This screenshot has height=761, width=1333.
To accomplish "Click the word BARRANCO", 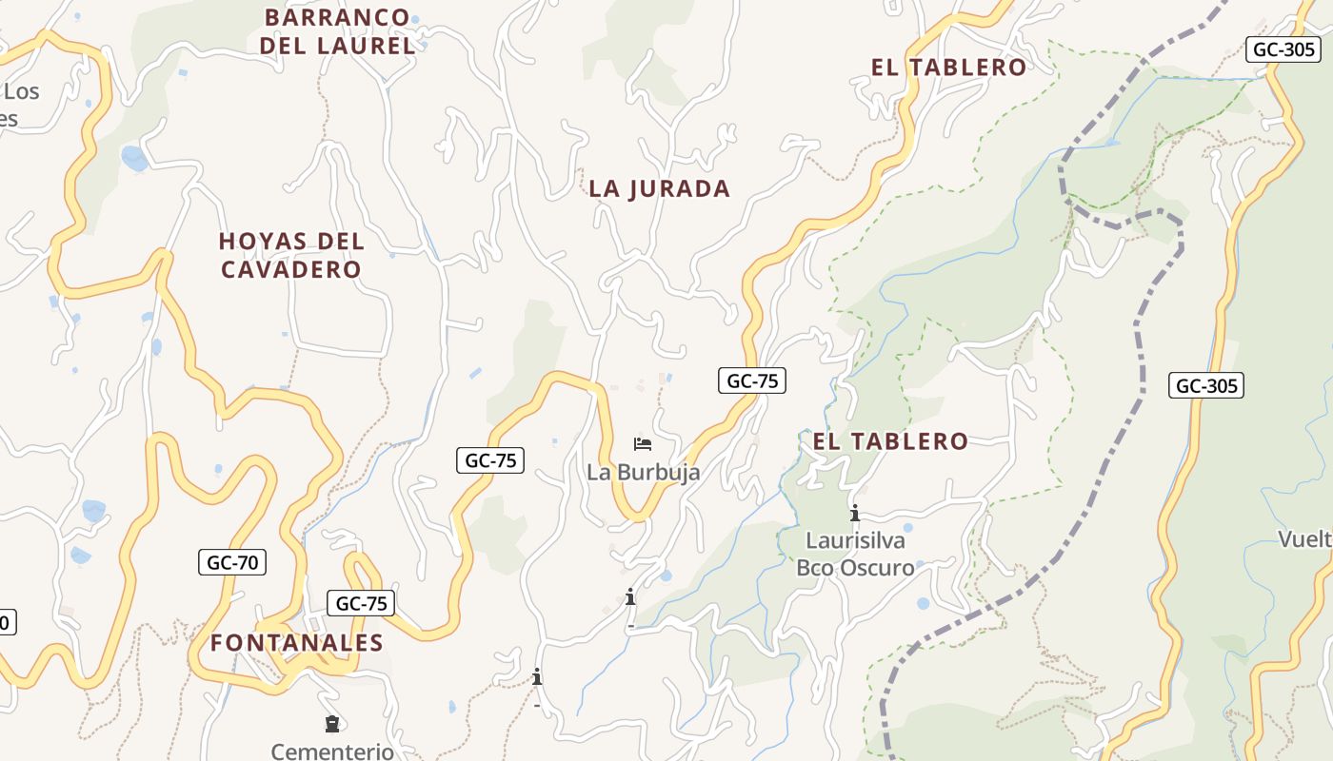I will [337, 17].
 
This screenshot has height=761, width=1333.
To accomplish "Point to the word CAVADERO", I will [291, 270].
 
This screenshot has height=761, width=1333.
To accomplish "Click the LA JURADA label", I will [659, 188].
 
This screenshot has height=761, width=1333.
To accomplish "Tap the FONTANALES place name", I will [296, 643].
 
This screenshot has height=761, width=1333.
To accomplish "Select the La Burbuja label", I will [643, 472].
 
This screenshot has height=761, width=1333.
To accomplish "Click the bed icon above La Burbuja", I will [643, 444].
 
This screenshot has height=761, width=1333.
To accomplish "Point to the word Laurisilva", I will [855, 540].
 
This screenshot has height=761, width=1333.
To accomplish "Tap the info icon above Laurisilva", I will [855, 514].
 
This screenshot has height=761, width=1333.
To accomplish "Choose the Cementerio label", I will [332, 751].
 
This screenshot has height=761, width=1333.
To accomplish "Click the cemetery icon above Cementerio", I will [331, 725].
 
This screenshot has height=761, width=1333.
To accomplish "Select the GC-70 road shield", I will [232, 562].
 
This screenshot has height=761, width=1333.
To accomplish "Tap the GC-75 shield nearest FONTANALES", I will [361, 603].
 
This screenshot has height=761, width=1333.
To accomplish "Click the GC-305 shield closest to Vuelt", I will [1206, 385].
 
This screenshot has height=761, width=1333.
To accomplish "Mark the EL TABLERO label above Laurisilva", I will [889, 441].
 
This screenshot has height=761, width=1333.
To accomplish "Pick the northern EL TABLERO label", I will [948, 68].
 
